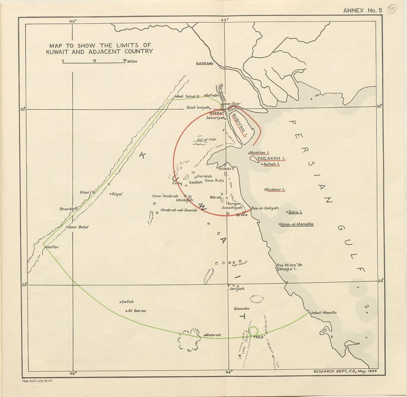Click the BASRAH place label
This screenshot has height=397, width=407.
point(203,64)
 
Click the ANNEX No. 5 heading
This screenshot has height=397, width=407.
point(362,10)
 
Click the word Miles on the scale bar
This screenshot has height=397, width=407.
point(132,61)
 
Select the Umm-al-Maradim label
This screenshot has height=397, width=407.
point(297,224)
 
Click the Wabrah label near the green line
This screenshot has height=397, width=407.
point(213,335)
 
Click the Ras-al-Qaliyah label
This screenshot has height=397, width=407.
point(265,208)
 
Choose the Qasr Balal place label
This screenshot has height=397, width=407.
point(79,227)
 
